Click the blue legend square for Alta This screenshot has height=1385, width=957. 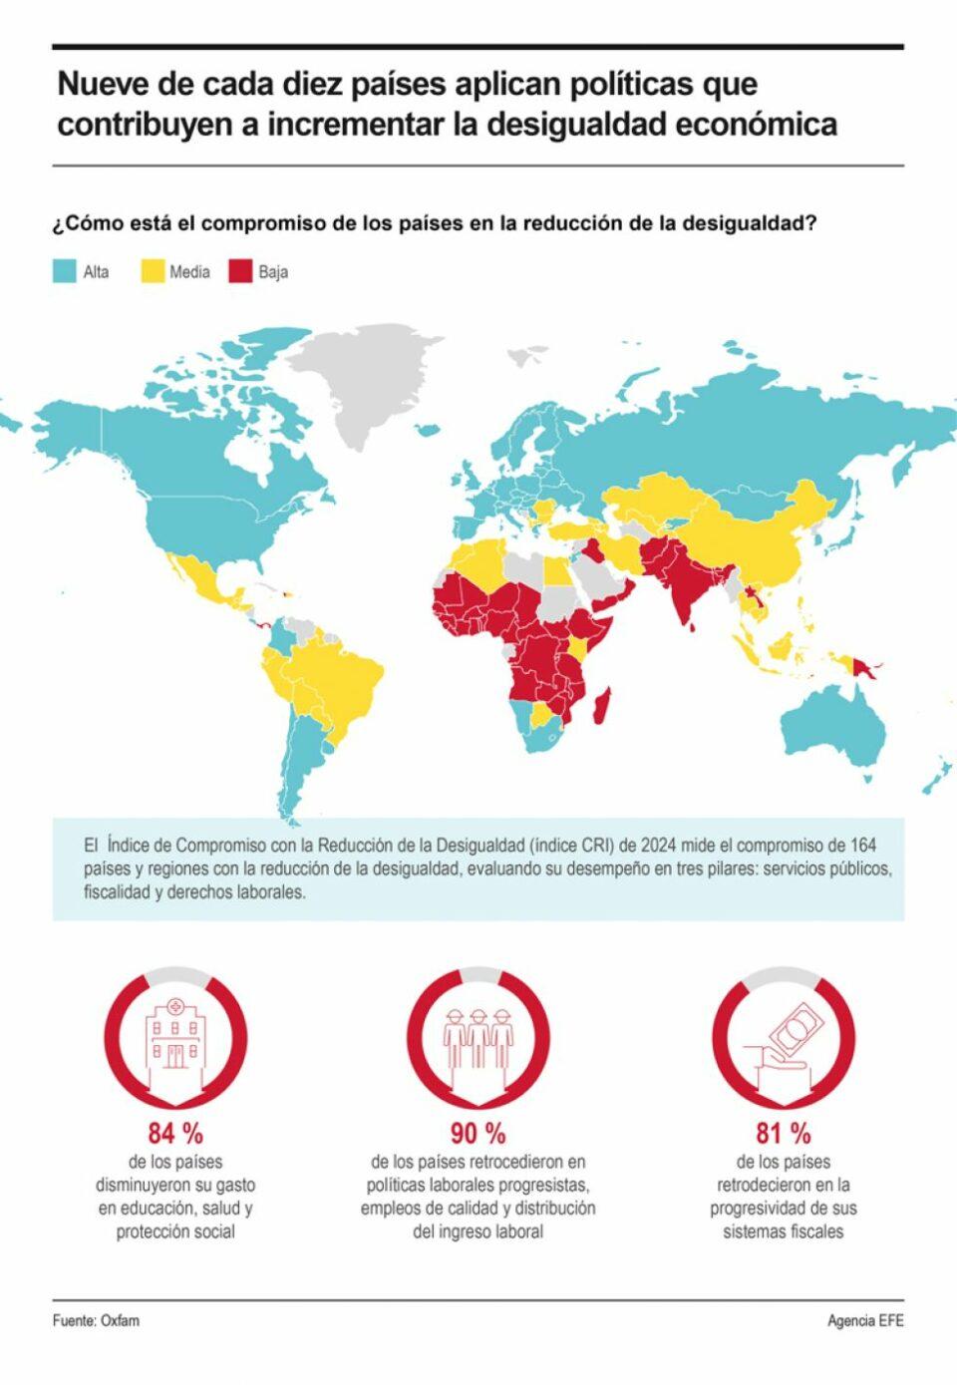[65, 271]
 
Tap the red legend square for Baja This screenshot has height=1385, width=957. [240, 271]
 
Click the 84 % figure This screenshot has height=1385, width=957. [175, 1134]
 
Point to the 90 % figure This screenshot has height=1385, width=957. [478, 1134]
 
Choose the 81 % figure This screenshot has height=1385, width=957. [784, 1134]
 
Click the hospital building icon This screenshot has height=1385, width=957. [175, 1037]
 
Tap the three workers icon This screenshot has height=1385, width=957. [478, 1037]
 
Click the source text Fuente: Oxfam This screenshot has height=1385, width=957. [96, 1321]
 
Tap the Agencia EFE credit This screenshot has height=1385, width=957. [865, 1321]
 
